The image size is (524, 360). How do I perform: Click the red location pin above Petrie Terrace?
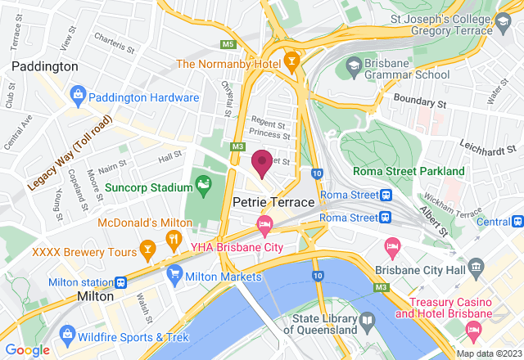262,162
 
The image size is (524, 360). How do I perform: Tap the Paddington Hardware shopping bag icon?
79,97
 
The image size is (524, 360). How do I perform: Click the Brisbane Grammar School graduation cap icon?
353,65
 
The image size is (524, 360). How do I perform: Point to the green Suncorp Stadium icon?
201,186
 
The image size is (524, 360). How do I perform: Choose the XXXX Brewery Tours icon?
147,247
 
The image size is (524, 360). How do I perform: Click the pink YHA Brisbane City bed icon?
264,223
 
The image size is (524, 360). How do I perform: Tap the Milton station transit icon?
121,281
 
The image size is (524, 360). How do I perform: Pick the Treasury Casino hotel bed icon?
472,329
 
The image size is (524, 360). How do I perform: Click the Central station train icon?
517,221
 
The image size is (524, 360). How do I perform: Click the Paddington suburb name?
45,65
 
